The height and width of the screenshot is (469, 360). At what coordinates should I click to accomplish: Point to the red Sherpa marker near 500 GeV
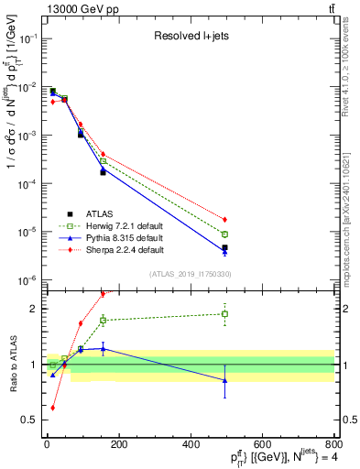coord(225,220)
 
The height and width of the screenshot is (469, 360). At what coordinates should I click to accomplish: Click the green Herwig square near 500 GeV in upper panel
coord(225,234)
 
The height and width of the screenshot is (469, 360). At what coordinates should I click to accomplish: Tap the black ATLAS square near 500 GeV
coord(225,247)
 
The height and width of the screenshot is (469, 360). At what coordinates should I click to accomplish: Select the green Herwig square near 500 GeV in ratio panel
coord(225,314)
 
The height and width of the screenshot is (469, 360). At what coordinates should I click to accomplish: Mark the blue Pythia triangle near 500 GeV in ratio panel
coord(225,380)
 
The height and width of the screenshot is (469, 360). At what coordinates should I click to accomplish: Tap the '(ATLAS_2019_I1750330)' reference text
coord(190,274)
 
